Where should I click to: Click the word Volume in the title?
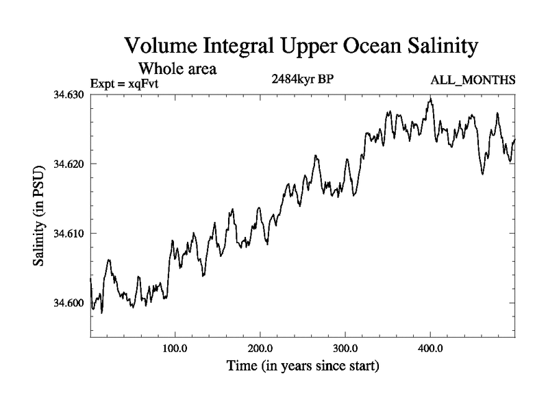pyautogui.click(x=159, y=47)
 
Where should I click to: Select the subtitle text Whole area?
pyautogui.click(x=178, y=68)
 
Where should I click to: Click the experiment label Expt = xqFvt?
pyautogui.click(x=129, y=84)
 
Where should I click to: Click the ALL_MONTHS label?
pyautogui.click(x=473, y=81)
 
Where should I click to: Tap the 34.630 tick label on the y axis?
pyautogui.click(x=68, y=94)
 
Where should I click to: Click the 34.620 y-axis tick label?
pyautogui.click(x=68, y=164)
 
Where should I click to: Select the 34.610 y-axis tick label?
pyautogui.click(x=68, y=234)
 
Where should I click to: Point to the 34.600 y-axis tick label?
pyautogui.click(x=68, y=303)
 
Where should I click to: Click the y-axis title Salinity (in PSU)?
pyautogui.click(x=42, y=216)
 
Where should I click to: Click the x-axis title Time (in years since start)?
pyautogui.click(x=303, y=366)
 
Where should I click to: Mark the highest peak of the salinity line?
pyautogui.click(x=430, y=98)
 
